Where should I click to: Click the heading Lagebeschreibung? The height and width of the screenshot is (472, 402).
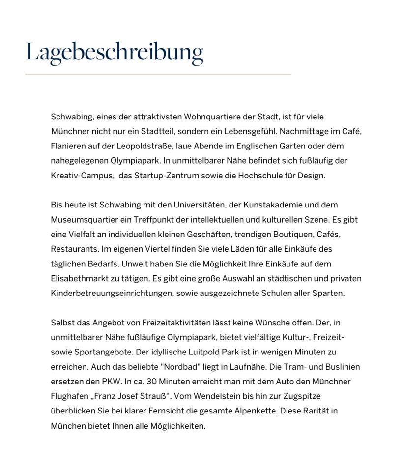click(114, 52)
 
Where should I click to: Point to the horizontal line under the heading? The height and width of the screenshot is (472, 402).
click(158, 74)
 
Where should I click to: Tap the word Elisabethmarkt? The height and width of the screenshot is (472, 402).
click(79, 279)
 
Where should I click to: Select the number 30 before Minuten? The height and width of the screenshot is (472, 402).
click(152, 382)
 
